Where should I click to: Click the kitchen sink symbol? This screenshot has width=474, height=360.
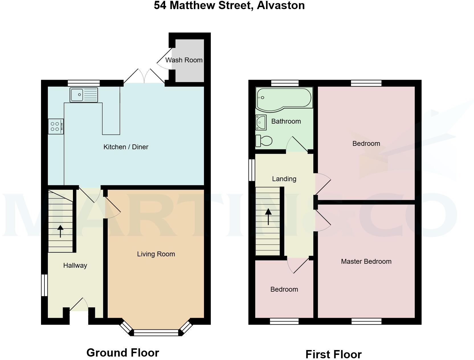tap(84, 95)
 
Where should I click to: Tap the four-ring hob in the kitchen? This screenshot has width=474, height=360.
tap(56, 126)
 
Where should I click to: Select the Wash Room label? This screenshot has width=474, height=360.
tap(184, 60)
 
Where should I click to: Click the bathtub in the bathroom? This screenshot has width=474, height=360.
tap(284, 99)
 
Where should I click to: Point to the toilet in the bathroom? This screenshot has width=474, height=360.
tap(264, 141)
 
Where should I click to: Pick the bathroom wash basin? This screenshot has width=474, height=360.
tap(261, 122)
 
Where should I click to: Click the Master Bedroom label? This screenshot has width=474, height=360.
tap(366, 261)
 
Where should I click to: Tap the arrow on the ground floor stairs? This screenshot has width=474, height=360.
tap(60, 231)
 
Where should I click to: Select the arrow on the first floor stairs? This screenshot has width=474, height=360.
tap(268, 217)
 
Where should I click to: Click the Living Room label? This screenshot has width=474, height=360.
tap(156, 254)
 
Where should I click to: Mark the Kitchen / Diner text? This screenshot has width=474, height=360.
tap(126, 147)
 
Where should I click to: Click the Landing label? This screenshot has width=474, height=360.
tap(284, 179)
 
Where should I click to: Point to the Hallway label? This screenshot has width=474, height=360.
tap(75, 265)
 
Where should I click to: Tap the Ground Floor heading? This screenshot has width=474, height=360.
tap(122, 353)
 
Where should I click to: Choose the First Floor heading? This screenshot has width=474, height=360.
tap(333, 355)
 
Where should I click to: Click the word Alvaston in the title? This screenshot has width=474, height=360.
tap(281, 5)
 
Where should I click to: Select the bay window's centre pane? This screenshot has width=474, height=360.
tap(156, 333)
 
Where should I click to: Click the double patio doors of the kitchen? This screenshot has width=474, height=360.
tap(144, 76)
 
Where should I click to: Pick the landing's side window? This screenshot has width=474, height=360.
tap(252, 170)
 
